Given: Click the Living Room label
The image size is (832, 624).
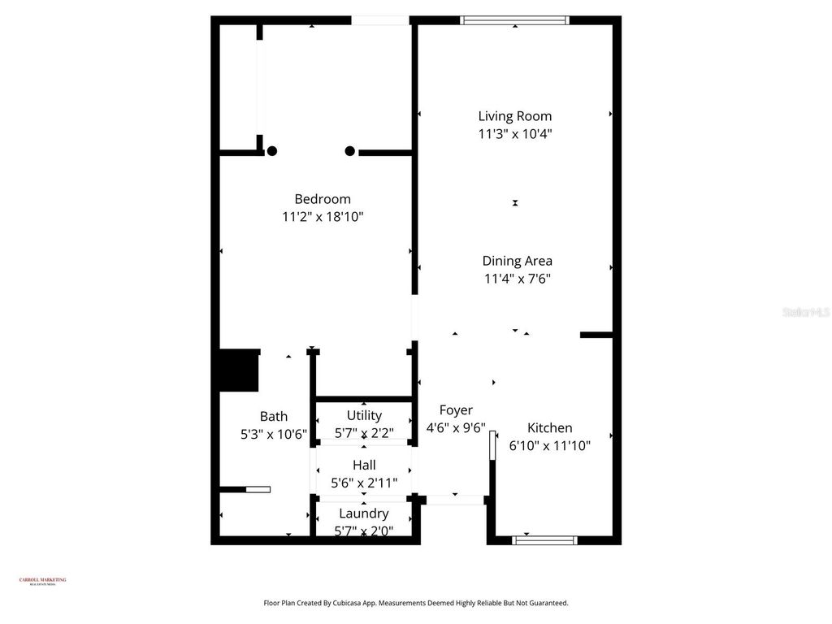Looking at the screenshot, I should [x=514, y=116].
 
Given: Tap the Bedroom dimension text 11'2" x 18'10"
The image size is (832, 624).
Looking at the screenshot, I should [x=322, y=217].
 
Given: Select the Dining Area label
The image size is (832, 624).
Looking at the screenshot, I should [x=517, y=261].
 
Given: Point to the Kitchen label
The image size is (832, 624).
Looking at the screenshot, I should [x=549, y=427].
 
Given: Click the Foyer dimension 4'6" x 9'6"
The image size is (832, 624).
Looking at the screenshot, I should [x=455, y=427].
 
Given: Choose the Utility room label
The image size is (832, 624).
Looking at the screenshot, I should [x=363, y=415].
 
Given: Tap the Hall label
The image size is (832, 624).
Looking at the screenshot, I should [x=363, y=465].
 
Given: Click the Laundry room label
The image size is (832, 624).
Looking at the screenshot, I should [x=363, y=513].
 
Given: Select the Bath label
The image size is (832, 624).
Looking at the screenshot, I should [x=273, y=417].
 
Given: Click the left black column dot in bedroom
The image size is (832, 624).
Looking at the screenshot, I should [x=272, y=150].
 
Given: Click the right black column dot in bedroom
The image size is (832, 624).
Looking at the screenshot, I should [x=350, y=150].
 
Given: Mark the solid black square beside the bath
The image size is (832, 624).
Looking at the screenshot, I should [x=239, y=370].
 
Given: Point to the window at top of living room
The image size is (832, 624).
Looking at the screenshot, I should [x=514, y=20].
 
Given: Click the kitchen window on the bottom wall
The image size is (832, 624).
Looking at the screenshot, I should [x=545, y=539].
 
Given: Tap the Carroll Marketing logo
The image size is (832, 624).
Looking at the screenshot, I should [x=42, y=581].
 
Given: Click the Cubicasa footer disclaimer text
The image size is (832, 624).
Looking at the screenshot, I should [x=416, y=603].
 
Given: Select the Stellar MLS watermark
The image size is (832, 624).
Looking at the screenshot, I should [x=805, y=312].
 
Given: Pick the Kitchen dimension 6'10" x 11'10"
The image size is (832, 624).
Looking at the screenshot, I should [x=549, y=445].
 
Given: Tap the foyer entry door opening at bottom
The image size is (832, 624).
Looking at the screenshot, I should [x=454, y=499].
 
